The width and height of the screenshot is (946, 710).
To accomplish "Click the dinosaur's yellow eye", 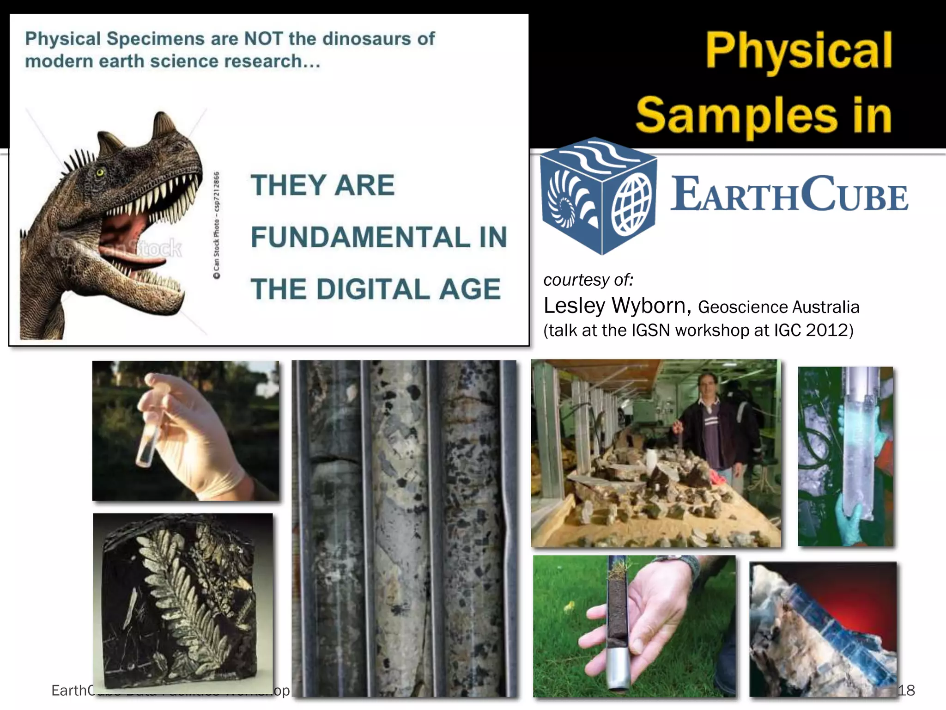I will (100, 173).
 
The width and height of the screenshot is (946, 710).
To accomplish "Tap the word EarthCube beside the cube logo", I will (789, 194).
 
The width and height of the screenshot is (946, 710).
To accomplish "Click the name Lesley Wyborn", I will (617, 306).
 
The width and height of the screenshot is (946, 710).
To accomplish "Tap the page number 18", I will (906, 690).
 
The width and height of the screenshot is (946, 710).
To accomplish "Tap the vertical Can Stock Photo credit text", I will (216, 225).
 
